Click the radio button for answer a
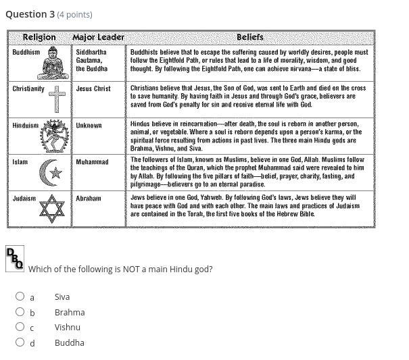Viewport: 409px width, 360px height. (20, 297)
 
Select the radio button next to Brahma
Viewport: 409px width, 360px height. (20, 312)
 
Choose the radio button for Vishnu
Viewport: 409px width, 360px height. (20, 327)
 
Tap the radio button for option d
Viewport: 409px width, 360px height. (20, 342)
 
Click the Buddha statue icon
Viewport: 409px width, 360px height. (53, 66)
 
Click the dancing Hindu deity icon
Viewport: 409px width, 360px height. (54, 136)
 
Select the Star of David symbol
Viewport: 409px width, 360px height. (52, 209)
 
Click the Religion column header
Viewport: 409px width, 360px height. (39, 37)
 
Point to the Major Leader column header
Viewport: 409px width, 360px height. (99, 37)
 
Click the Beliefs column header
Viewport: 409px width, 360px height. (250, 37)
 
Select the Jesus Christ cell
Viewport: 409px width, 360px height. (93, 88)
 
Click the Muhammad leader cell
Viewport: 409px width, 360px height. (92, 162)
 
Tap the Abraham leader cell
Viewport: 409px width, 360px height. (89, 199)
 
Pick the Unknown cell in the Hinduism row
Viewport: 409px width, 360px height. (89, 126)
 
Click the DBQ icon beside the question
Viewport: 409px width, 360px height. (15, 259)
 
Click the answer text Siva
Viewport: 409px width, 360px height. (62, 297)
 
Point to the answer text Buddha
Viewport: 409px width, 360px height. (70, 342)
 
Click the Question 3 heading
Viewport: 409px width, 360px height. (30, 14)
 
